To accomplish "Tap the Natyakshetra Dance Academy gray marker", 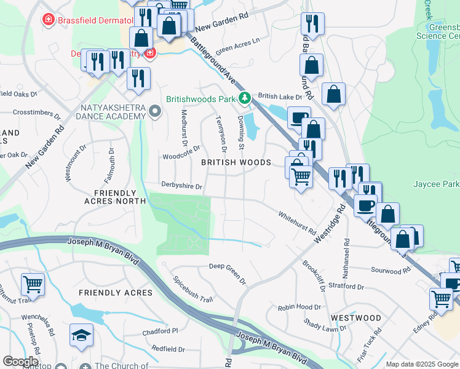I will [155, 112].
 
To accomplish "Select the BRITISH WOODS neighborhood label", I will [236, 162].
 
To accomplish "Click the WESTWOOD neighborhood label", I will [355, 318].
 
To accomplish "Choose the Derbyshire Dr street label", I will [182, 184].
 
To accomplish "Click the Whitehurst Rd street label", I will [296, 224].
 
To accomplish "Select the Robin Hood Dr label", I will [299, 307].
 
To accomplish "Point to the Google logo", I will [20, 362].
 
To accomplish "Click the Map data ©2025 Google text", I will [422, 364].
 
